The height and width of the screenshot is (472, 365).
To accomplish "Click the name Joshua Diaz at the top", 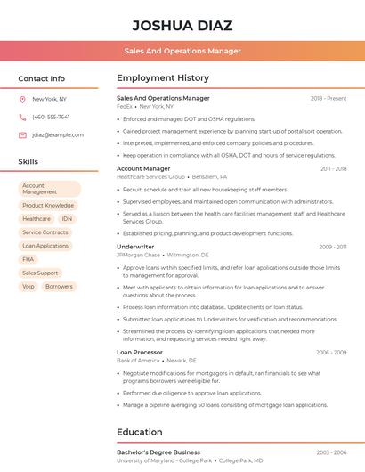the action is tap(182, 25).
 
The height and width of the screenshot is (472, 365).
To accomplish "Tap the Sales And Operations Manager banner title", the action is tap(182, 51).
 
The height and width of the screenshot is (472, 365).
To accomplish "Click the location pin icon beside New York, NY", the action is tap(22, 99).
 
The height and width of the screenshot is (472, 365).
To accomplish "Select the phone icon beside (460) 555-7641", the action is tap(22, 117).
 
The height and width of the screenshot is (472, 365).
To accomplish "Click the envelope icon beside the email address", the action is tap(22, 134).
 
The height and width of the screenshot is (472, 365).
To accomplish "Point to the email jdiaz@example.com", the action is tap(58, 134).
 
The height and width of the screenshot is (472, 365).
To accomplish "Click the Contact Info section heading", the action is tap(41, 78).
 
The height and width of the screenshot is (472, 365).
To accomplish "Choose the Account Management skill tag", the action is tap(49, 189).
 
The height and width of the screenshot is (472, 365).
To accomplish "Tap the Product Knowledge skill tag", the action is tap(48, 206).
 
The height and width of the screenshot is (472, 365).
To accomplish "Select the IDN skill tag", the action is tap(67, 219).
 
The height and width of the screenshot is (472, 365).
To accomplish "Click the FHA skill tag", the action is tap(28, 259).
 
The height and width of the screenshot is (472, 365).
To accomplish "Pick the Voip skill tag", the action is tap(28, 287).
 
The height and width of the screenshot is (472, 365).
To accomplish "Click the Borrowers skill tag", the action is tap(59, 287).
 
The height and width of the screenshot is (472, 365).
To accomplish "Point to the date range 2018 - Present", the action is tap(328, 98).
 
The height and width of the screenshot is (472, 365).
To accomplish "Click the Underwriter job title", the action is tap(135, 247).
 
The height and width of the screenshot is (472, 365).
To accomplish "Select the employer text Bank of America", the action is tap(138, 360).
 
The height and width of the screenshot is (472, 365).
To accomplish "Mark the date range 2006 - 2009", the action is tap(331, 353).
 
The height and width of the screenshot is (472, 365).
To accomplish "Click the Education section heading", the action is tap(139, 432).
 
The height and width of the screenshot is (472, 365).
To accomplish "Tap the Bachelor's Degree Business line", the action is tap(158, 452).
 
